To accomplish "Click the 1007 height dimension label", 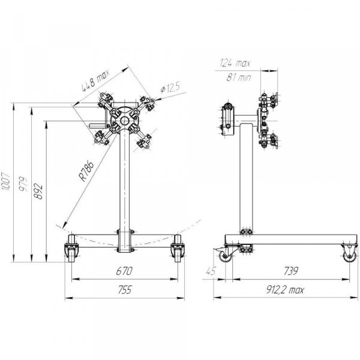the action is [x=6, y=181].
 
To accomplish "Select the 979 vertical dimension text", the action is [x=23, y=184].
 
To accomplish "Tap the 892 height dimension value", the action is [x=38, y=191].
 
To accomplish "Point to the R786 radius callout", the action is [x=86, y=171].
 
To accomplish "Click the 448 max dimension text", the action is [x=96, y=80].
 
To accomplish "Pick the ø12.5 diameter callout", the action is [x=170, y=88].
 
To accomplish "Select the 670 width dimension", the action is [x=124, y=271].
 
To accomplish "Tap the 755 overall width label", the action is [x=125, y=290].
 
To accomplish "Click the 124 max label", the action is [x=235, y=63].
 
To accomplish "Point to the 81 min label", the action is [x=238, y=77].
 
